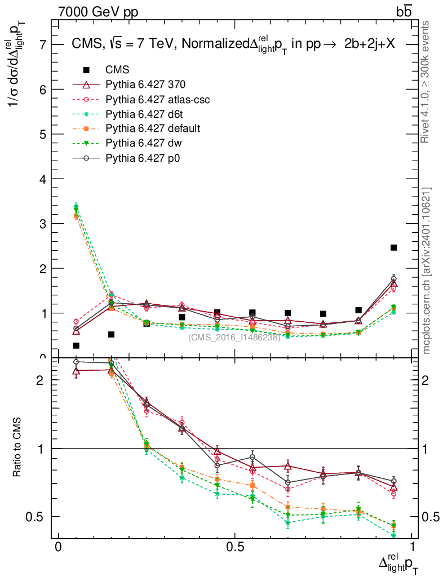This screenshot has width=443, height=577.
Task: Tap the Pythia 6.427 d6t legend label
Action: pyautogui.click(x=147, y=114)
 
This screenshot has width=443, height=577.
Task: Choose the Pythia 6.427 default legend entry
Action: pyautogui.click(x=153, y=128)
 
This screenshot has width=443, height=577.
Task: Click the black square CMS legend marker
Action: pyautogui.click(x=86, y=70)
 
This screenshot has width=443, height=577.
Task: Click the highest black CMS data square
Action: pyautogui.click(x=393, y=247)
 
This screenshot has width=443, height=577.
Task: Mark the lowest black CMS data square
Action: pyautogui.click(x=76, y=345)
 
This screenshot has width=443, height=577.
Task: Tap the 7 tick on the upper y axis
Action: pyautogui.click(x=43, y=45)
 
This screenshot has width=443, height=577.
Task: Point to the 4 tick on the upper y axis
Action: pyautogui.click(x=43, y=179)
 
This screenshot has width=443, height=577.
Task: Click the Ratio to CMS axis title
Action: pyautogui.click(x=17, y=449)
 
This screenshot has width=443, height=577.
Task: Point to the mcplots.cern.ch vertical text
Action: pyautogui.click(x=427, y=270)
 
